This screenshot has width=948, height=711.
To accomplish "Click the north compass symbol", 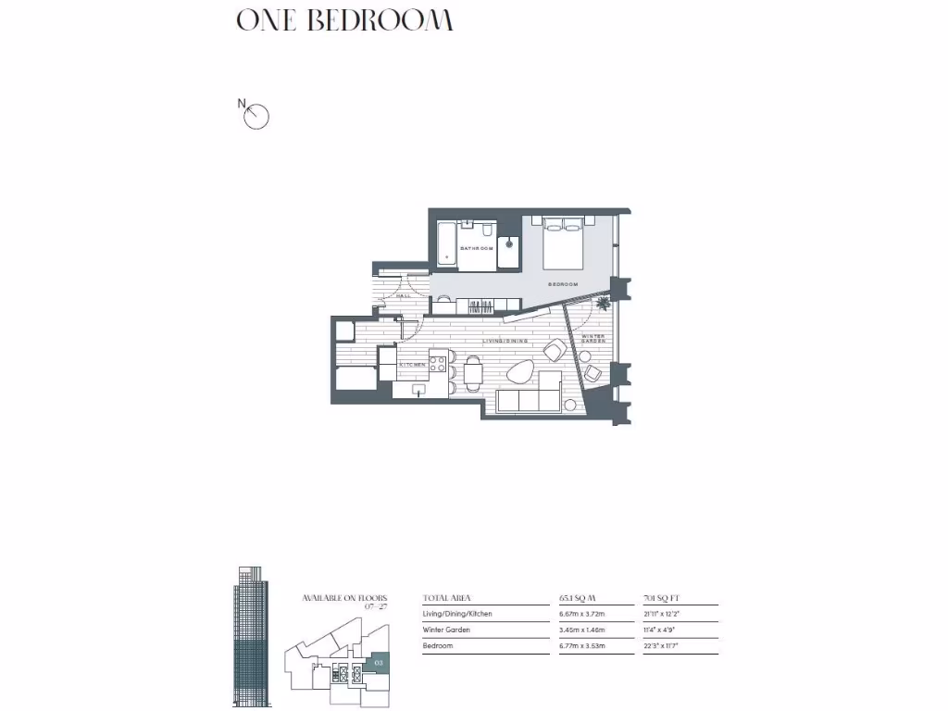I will [x=256, y=117].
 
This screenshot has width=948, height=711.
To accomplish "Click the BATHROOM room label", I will [x=475, y=248].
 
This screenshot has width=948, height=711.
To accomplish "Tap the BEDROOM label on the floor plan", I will [x=563, y=283].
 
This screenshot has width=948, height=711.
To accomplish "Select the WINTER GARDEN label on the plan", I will [x=592, y=339].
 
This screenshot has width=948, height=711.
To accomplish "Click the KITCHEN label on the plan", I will [x=412, y=365].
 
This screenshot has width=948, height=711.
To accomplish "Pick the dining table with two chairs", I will [x=473, y=373].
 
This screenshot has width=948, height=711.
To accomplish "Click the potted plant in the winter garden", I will [x=604, y=302].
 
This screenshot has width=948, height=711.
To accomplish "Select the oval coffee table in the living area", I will [x=520, y=371].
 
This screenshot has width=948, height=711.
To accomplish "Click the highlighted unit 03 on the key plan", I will [x=378, y=663].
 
